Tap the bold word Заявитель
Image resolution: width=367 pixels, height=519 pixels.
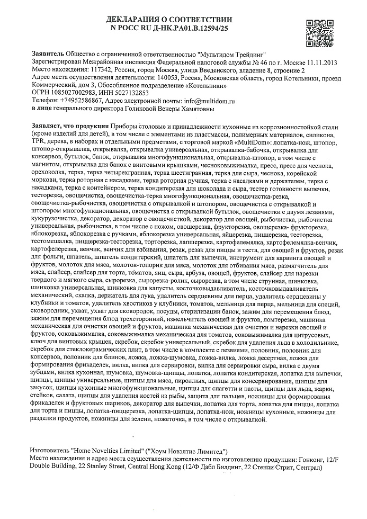pos(47,55)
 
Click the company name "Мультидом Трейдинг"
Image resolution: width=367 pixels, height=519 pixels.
pos(231,55)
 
